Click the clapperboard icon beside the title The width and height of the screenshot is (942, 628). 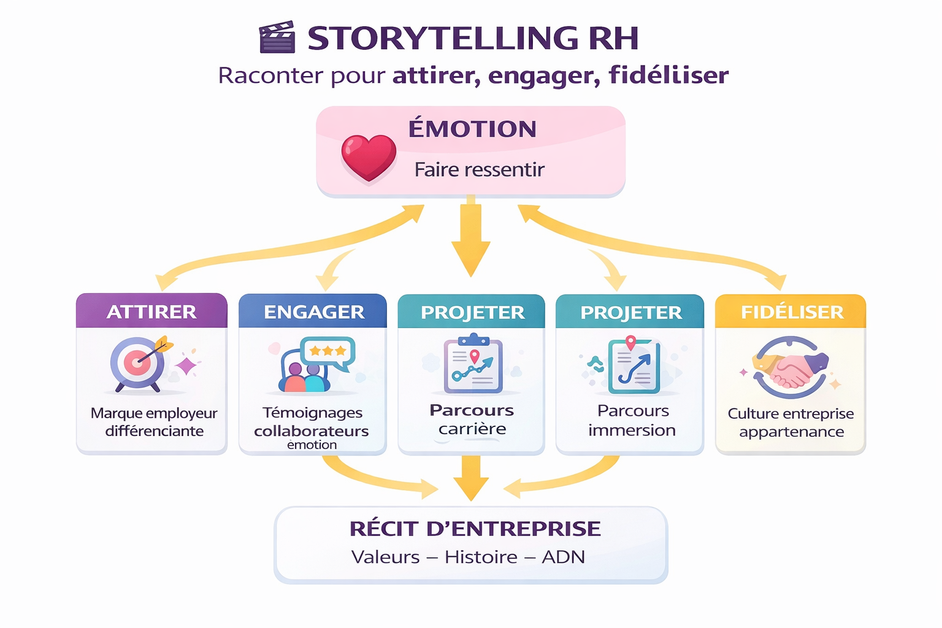277,37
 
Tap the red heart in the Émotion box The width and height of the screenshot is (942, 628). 369,157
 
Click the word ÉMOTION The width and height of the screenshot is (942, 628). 472,129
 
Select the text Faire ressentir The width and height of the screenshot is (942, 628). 479,169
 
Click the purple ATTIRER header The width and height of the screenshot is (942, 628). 151,312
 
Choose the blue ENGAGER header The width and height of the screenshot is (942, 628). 313,312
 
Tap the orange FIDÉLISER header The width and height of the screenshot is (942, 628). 791,312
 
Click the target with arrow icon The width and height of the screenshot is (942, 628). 140,364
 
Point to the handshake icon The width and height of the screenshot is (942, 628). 791,368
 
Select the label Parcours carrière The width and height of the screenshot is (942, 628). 472,419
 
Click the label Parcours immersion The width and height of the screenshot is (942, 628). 632,421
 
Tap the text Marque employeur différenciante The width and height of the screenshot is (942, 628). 154,422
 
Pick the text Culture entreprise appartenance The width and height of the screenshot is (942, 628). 791,423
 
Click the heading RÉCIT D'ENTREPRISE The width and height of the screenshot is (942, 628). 475,529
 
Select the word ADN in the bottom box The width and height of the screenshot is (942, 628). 563,557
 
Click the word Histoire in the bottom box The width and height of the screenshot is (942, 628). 481,557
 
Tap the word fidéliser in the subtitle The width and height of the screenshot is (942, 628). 668,75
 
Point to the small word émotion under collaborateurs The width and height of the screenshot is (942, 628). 312,445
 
